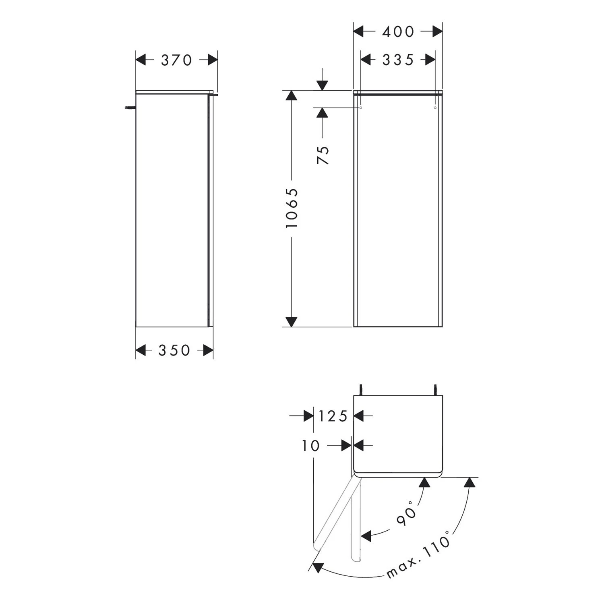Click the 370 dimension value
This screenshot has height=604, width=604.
(176, 60)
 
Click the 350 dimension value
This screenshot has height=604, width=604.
(174, 350)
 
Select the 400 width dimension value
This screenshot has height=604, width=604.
(398, 31)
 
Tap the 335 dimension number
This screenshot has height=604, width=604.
(398, 60)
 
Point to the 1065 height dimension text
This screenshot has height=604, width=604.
(292, 208)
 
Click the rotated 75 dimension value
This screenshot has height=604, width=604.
(323, 155)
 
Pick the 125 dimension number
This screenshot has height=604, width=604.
(333, 416)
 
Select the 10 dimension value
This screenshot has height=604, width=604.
(310, 446)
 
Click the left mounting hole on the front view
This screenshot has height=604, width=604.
(361, 108)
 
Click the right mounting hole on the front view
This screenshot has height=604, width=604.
(435, 108)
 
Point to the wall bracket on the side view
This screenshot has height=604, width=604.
(130, 107)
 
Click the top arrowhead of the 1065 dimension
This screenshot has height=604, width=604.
(292, 95)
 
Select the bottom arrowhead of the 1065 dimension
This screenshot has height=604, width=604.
(292, 322)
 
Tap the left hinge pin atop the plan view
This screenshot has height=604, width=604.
(361, 390)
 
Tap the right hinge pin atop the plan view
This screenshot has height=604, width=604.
(435, 390)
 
